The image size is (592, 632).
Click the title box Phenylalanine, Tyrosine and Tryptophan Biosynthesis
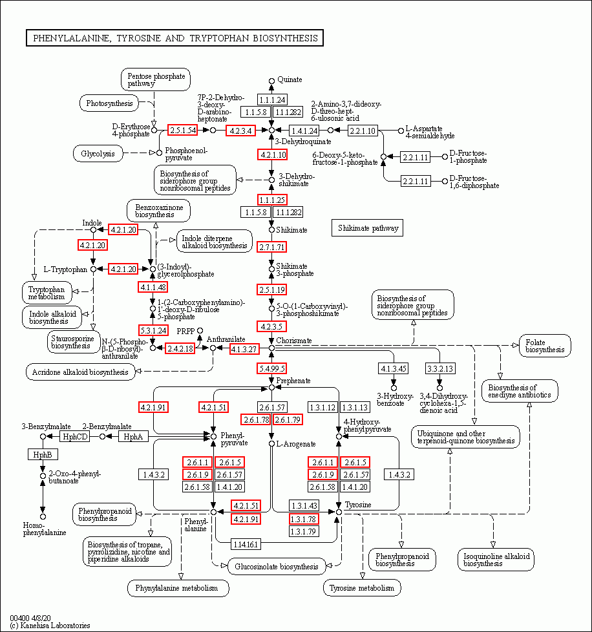(174, 38)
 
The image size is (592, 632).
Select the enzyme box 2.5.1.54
(182, 130)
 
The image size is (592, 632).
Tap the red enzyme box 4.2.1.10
(272, 154)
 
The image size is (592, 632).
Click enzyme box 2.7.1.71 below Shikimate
(272, 247)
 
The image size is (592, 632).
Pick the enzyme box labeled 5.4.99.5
(272, 368)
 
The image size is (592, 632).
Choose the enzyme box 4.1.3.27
(245, 349)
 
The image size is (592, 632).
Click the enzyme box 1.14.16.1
(245, 544)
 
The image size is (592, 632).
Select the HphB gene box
(38, 454)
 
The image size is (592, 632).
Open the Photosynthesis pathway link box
(109, 103)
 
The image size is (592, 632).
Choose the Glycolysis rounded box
(98, 154)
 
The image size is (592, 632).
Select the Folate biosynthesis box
(545, 345)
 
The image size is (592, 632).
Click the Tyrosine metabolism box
(362, 588)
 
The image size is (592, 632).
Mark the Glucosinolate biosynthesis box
(276, 567)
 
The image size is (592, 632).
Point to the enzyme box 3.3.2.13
(439, 368)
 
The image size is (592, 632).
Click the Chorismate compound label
(294, 340)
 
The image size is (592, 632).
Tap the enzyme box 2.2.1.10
(363, 131)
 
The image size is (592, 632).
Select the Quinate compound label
(290, 79)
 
